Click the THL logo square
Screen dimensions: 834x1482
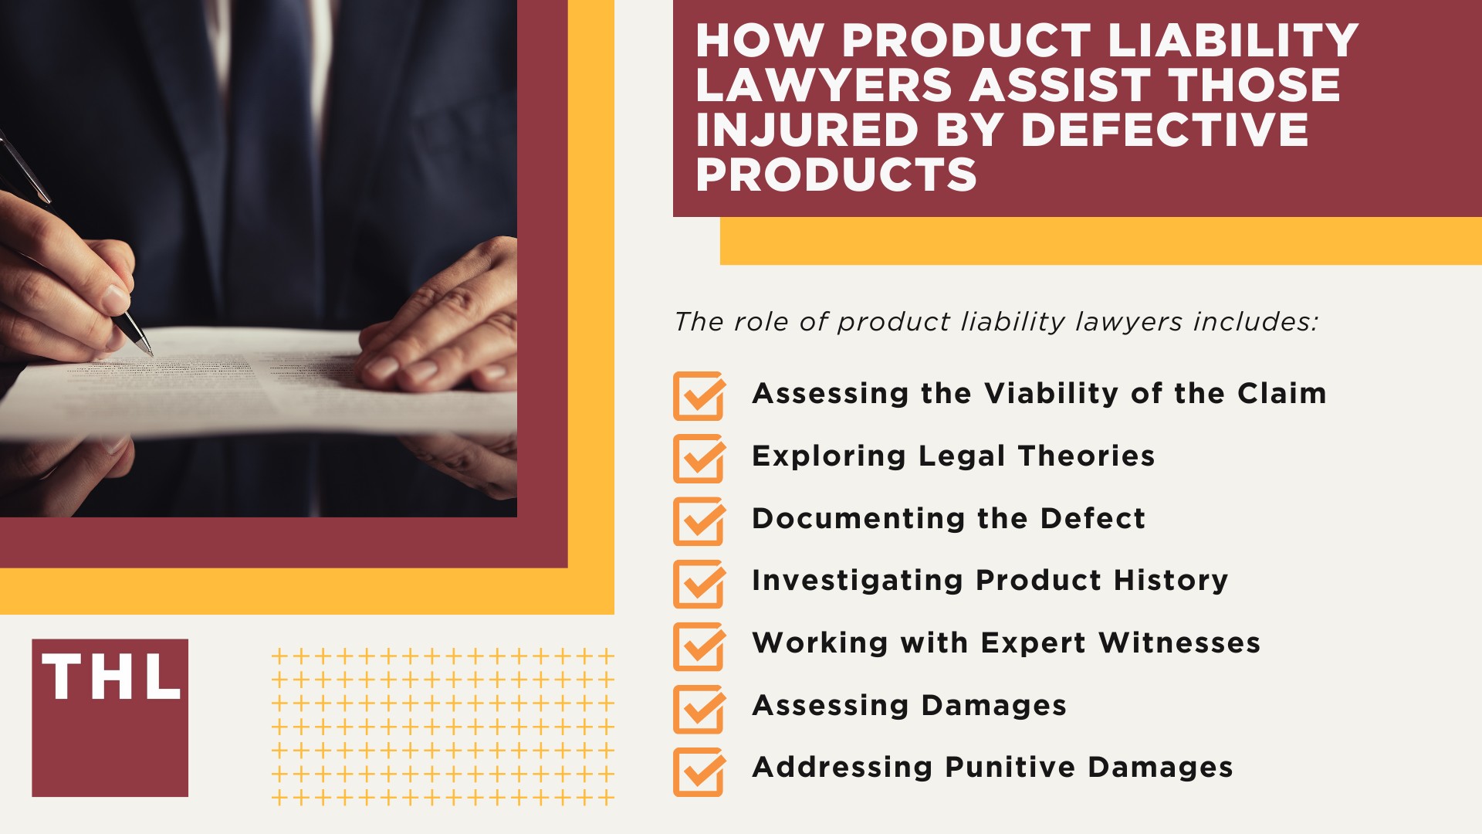(110, 717)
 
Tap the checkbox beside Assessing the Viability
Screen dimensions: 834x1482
(699, 396)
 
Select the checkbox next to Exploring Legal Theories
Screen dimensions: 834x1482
(699, 459)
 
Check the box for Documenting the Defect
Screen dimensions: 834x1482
(699, 521)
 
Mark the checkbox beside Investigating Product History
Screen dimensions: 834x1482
(699, 584)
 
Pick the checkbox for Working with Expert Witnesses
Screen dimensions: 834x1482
(699, 646)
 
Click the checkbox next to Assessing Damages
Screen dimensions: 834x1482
(699, 709)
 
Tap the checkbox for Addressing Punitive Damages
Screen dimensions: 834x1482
(699, 771)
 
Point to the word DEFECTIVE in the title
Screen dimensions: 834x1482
(1165, 129)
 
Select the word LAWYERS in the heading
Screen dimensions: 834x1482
(824, 85)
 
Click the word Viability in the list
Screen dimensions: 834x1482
(1051, 394)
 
